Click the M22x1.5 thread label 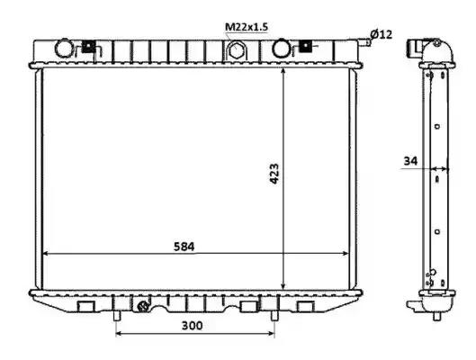[247, 27]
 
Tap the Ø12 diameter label [382, 34]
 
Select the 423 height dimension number [274, 174]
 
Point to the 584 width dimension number [184, 247]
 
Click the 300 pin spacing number [193, 326]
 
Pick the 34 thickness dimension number [410, 160]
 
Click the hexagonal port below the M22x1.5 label [235, 50]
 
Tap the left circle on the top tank [64, 48]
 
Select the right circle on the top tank [281, 48]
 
